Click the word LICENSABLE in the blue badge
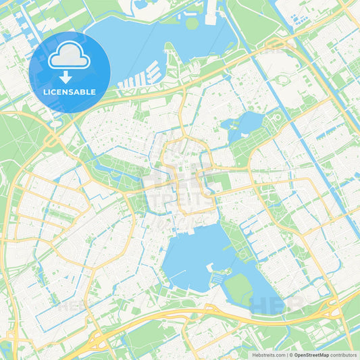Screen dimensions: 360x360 tap(70, 92)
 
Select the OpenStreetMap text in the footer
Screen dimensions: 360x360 tap(311, 354)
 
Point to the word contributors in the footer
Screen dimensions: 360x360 tap(343, 354)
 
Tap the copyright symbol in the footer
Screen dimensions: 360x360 tap(290, 354)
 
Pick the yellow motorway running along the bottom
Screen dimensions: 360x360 tap(203, 312)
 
